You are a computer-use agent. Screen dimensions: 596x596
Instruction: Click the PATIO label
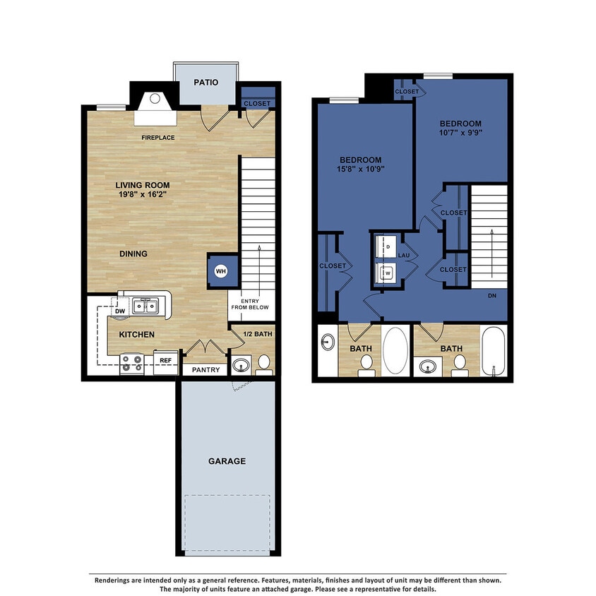[x=205, y=83]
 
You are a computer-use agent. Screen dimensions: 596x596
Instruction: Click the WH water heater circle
[x=220, y=271]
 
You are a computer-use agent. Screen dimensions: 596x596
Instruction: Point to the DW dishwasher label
[x=119, y=310]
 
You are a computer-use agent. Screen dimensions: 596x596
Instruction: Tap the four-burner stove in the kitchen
[x=132, y=363]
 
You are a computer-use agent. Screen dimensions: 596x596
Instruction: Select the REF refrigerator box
[x=166, y=360]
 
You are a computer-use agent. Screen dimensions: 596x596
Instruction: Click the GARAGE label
[x=227, y=461]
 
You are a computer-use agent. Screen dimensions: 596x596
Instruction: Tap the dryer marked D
[x=388, y=246]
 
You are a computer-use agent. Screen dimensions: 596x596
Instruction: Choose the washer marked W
[x=388, y=271]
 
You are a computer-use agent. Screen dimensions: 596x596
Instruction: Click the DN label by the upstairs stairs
[x=491, y=296]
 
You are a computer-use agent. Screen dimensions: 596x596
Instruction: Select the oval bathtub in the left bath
[x=395, y=351]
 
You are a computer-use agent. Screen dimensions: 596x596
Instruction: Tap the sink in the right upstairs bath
[x=428, y=366]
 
